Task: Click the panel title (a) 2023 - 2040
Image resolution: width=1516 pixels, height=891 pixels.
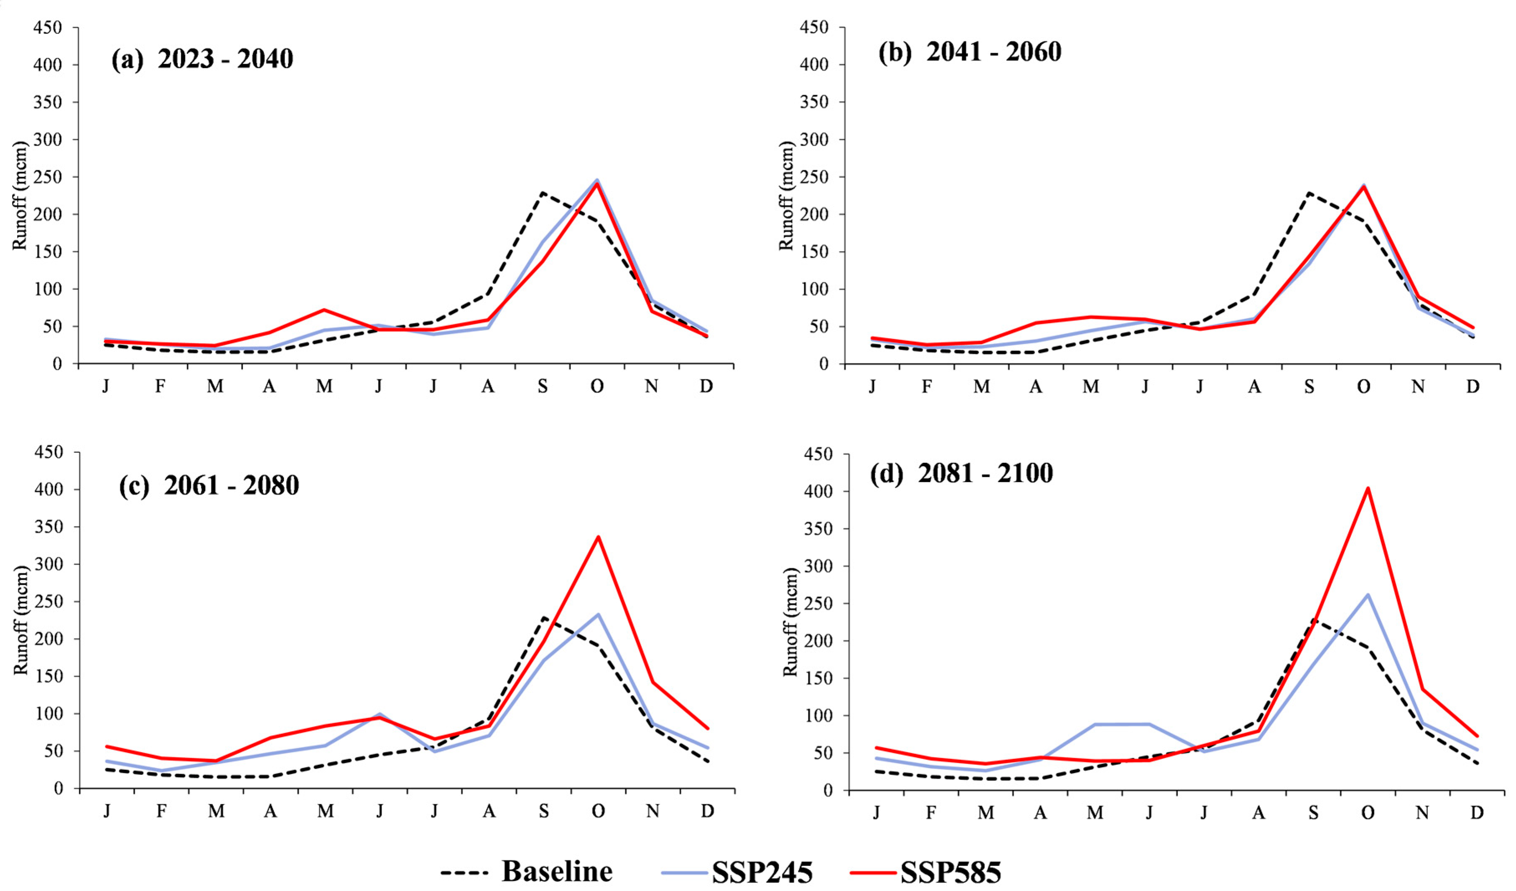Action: [202, 59]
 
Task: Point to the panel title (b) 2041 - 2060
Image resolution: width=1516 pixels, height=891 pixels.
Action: [970, 52]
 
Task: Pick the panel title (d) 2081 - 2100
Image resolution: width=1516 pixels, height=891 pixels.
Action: [961, 473]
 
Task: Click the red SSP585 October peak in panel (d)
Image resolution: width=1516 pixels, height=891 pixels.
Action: [1367, 488]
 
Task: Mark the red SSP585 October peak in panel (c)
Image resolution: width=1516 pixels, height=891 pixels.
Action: [598, 537]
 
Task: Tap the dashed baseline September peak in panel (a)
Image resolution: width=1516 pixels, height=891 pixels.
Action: [543, 193]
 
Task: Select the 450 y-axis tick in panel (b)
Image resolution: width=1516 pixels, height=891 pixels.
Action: [814, 27]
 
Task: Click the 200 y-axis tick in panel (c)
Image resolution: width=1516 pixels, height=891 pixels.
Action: [49, 639]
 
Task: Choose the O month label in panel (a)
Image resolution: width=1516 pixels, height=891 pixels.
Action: [597, 386]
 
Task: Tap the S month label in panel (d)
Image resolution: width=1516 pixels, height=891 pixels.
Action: [1313, 813]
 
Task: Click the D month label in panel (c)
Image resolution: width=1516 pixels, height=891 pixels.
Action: [708, 811]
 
